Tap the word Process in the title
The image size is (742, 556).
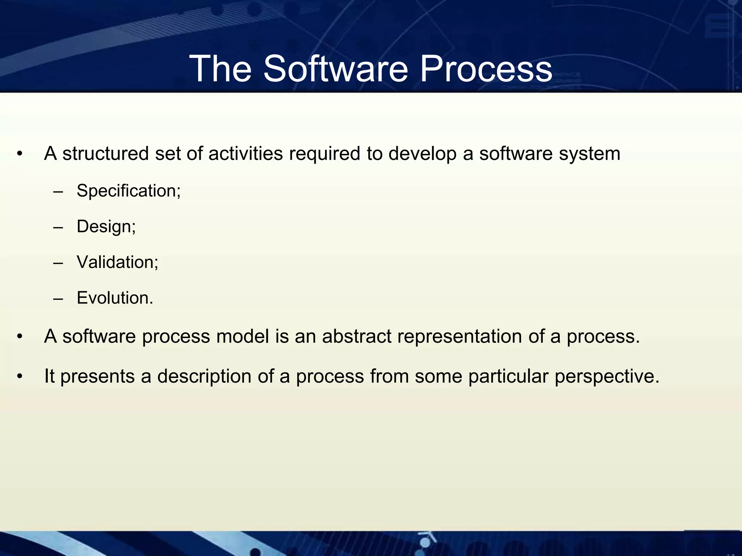pyautogui.click(x=486, y=69)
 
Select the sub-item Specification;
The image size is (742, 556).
pyautogui.click(x=129, y=191)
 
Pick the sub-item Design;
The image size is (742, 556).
pyautogui.click(x=106, y=227)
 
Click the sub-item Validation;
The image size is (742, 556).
pyautogui.click(x=117, y=262)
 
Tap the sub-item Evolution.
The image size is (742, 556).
pyautogui.click(x=115, y=298)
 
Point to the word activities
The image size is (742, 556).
pyautogui.click(x=245, y=154)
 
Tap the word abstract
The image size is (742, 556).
pyautogui.click(x=357, y=336)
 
